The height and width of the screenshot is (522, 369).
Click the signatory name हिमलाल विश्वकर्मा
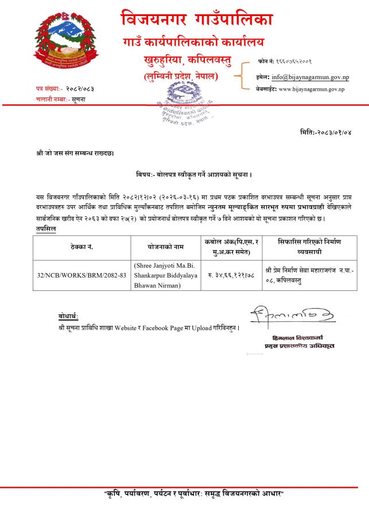pos(300,337)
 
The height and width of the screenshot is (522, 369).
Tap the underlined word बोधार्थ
pos(68,317)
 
